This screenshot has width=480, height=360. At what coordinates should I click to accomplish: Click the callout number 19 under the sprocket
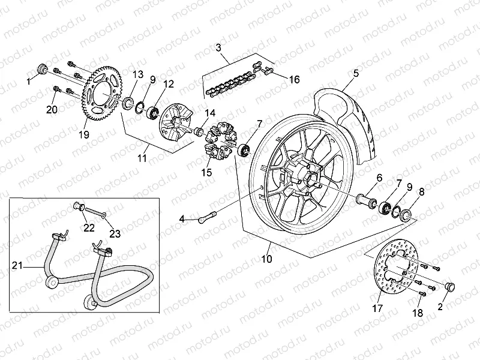pyautogui.click(x=84, y=135)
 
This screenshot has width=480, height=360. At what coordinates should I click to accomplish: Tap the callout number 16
pyautogui.click(x=294, y=79)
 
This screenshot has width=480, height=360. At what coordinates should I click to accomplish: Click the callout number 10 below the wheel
pyautogui.click(x=267, y=259)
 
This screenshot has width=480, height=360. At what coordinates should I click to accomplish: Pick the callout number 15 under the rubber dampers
pyautogui.click(x=208, y=172)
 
